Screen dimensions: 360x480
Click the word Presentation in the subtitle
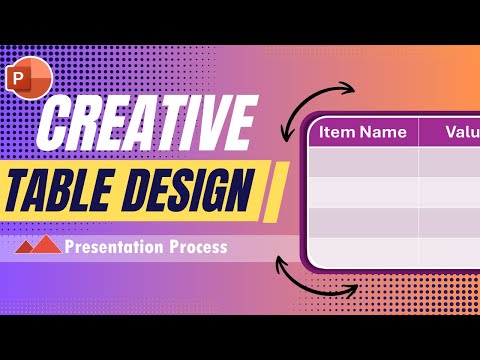click(110, 246)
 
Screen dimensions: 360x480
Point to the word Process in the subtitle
click(193, 246)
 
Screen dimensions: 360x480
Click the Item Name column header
click(363, 131)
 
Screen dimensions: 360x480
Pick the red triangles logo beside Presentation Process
click(39, 245)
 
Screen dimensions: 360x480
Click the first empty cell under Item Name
click(363, 161)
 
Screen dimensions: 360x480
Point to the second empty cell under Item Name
click(363, 191)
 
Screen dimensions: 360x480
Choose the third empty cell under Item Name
click(363, 221)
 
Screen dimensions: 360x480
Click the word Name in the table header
click(384, 131)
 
